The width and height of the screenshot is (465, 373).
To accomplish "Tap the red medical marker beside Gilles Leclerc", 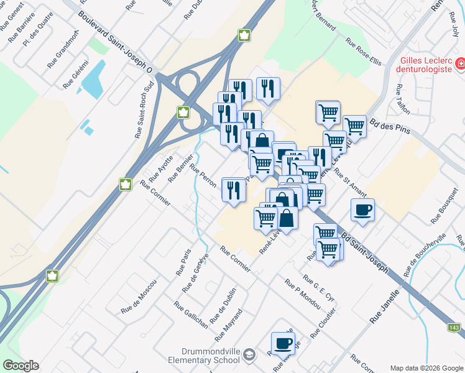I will pos(461,63).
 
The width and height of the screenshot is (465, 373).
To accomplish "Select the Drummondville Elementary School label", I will pos(203,354).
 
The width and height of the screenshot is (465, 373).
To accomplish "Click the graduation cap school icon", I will pos(249,354).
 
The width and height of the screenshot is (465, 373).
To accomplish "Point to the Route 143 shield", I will pos(454,327).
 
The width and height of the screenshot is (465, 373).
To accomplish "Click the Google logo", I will pos(21,366).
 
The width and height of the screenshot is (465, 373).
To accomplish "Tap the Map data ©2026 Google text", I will pos(426,368).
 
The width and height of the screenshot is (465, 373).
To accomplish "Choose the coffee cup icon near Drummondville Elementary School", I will pos(283,343).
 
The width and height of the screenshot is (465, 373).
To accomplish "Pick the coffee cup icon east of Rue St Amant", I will pos(362,210).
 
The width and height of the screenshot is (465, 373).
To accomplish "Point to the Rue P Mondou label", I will pos(303,293).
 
